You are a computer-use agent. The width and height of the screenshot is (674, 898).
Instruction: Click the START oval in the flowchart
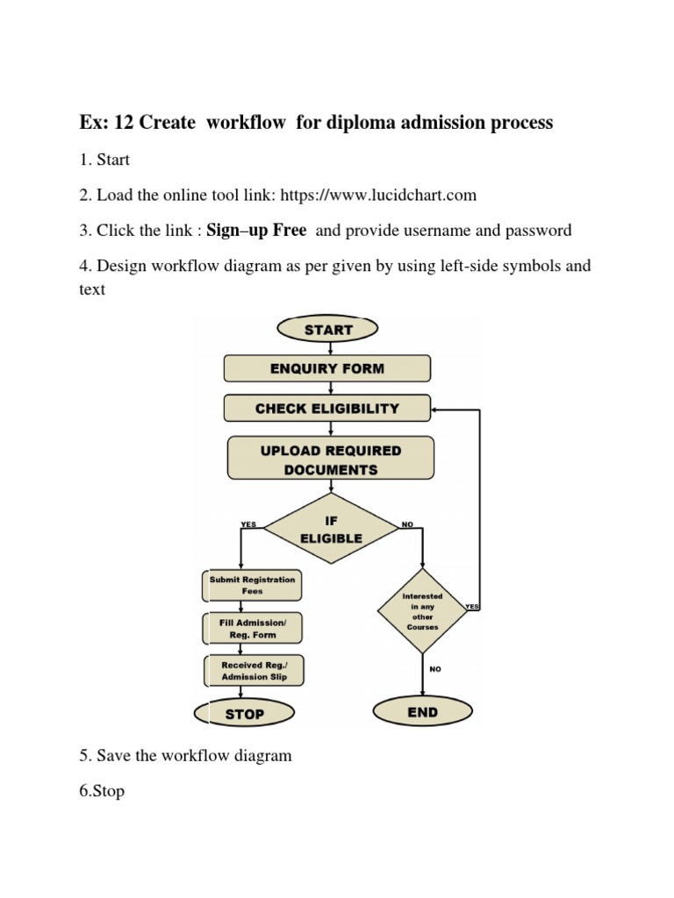(x=327, y=330)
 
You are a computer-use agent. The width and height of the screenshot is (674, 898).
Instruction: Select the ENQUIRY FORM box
(x=327, y=368)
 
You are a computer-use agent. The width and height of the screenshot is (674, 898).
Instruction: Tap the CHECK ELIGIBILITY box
(x=327, y=408)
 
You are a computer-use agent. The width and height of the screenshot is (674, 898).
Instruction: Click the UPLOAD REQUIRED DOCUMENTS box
(x=331, y=460)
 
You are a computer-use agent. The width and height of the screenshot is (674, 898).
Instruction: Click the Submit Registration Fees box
(x=253, y=585)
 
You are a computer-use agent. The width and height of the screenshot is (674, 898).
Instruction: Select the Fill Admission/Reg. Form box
(x=253, y=628)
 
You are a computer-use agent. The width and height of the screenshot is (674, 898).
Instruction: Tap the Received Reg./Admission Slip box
(x=253, y=671)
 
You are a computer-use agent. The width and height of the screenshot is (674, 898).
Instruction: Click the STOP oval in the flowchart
(x=245, y=714)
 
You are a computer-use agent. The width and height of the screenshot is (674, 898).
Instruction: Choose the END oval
(x=422, y=712)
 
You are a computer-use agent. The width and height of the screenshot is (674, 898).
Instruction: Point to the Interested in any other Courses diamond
(x=422, y=611)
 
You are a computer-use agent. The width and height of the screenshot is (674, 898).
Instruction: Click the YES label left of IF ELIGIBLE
(x=248, y=524)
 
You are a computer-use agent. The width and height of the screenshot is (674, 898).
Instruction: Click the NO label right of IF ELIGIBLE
(x=407, y=524)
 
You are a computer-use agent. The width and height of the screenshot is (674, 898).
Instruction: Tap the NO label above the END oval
(x=435, y=669)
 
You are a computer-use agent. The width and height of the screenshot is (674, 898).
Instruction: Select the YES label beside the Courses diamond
(x=472, y=606)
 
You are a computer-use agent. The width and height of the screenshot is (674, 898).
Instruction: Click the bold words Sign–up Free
(x=256, y=231)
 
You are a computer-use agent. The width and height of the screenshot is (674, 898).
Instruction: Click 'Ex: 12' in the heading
(x=106, y=123)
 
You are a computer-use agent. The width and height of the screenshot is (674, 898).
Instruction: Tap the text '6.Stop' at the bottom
(x=101, y=791)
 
